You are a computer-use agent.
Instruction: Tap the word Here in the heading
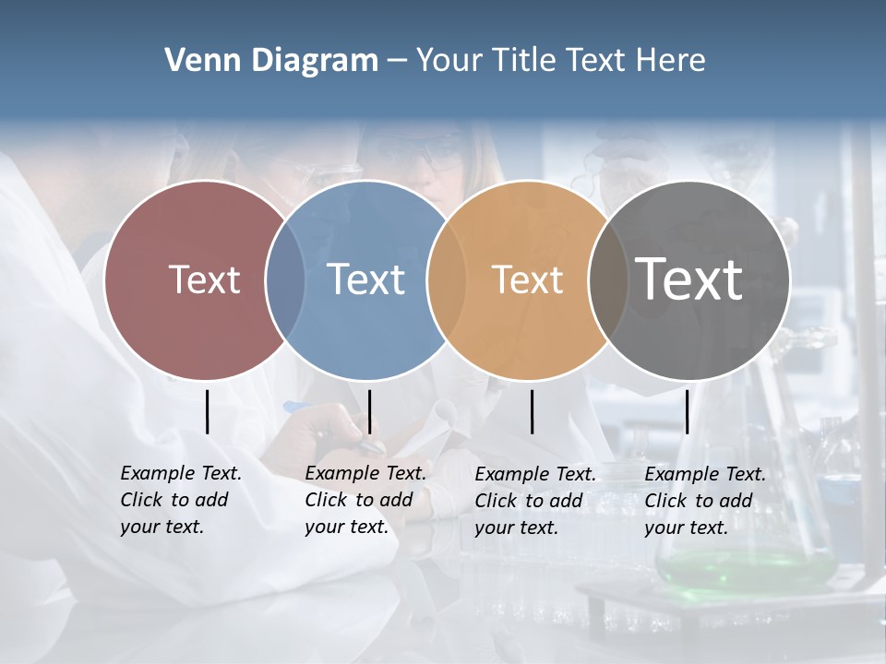[x=671, y=61]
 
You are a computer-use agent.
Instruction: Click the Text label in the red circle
[x=204, y=279]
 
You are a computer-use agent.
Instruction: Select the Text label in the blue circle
[x=365, y=279]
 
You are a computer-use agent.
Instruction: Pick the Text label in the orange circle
[x=527, y=279]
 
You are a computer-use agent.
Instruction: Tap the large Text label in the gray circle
[x=689, y=279]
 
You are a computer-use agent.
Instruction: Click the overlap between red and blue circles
[x=285, y=279]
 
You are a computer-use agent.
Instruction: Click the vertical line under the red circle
[x=208, y=411]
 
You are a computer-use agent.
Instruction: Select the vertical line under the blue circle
[x=369, y=411]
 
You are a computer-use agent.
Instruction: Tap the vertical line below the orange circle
[x=533, y=411]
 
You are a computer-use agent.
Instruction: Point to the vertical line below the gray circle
[x=688, y=411]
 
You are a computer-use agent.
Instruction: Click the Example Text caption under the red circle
[x=180, y=500]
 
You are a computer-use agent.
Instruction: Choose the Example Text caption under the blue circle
[x=365, y=500]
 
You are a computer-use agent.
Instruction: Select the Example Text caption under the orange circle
[x=534, y=501]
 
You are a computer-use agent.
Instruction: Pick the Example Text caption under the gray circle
[x=704, y=501]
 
